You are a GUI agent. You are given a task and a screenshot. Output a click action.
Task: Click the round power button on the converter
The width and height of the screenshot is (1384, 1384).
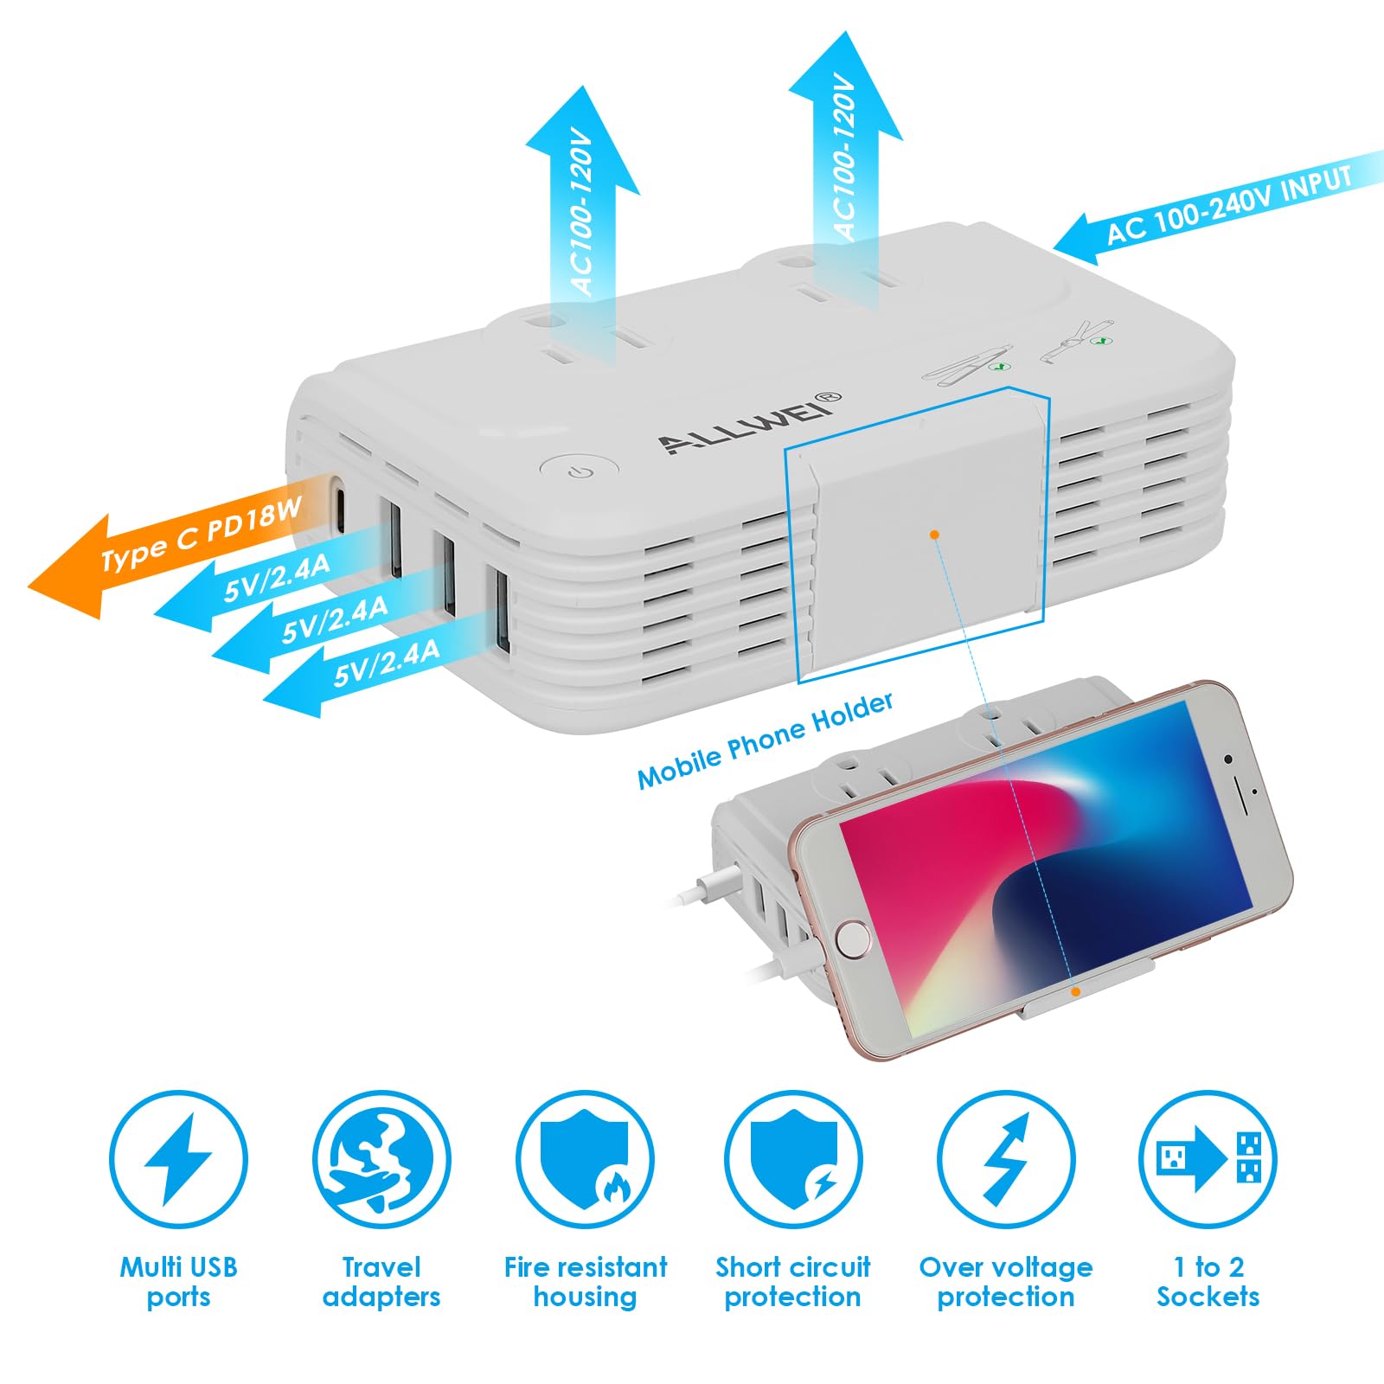point(580,472)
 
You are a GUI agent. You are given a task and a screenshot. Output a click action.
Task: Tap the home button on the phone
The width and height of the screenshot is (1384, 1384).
point(853,939)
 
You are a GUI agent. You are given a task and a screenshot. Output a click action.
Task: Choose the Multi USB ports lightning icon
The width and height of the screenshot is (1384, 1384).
point(178,1159)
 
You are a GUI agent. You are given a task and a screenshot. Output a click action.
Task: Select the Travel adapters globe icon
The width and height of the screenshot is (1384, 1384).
point(381,1159)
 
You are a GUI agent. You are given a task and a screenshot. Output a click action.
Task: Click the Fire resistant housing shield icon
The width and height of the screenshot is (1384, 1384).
point(586,1159)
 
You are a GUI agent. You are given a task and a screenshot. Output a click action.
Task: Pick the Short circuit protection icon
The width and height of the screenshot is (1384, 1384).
point(793,1159)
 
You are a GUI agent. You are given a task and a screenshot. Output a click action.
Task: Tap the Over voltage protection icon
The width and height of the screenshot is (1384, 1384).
point(1006,1159)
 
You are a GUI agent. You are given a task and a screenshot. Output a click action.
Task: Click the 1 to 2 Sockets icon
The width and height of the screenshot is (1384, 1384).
point(1208,1159)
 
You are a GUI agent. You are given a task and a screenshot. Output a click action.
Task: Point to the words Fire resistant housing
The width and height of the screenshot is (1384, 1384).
point(586,1282)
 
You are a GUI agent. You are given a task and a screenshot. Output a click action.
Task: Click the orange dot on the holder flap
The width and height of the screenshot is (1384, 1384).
point(935,535)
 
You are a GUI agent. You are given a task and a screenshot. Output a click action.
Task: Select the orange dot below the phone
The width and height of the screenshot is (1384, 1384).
point(1076,992)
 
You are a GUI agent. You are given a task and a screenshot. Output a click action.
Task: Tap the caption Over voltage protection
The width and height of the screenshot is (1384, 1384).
point(1006,1282)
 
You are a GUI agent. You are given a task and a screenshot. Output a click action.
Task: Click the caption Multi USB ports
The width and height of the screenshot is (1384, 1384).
point(178,1282)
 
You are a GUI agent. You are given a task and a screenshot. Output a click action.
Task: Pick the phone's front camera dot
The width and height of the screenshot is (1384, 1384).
point(1228,759)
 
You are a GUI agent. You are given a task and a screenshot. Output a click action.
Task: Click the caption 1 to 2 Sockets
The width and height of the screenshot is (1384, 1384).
point(1208,1282)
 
